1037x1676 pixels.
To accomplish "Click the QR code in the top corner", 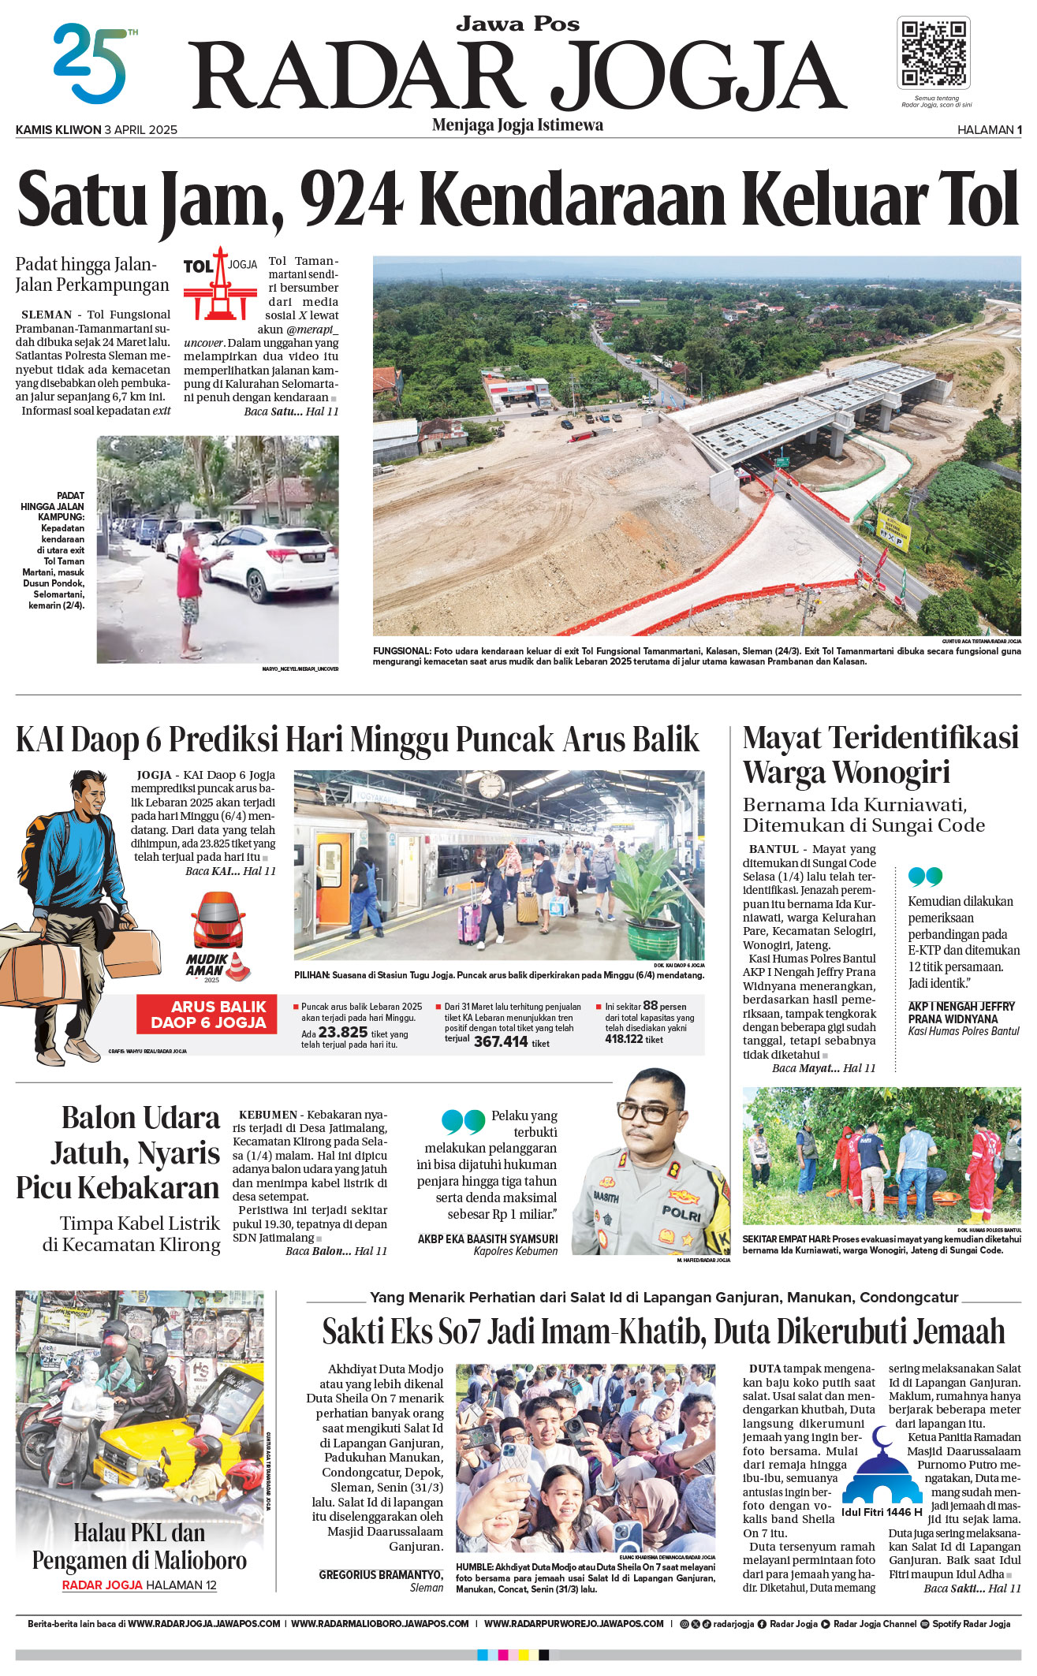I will coord(934,53).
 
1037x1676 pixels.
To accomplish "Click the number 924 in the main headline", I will coord(351,199).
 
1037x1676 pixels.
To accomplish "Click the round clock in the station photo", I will coord(491,785).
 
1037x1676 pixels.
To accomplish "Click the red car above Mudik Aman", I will coord(218,920).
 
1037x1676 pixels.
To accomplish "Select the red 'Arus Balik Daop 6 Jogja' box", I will coord(207,1014).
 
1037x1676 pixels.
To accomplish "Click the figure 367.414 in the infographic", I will coord(501,1041).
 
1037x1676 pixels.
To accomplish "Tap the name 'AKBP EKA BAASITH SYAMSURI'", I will coord(487,1238).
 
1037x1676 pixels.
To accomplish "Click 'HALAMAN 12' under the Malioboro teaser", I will coord(181,1585).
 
